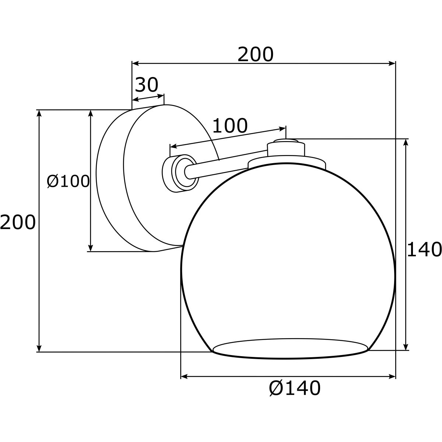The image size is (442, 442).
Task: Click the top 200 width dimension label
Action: [x=256, y=55]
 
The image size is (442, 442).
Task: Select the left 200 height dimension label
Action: [x=18, y=222]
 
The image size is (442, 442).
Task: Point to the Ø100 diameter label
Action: [x=68, y=181]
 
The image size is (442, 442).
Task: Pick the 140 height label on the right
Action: [x=424, y=249]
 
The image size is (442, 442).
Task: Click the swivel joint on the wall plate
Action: [x=180, y=173]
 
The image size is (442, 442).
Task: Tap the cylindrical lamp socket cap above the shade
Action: [x=286, y=149]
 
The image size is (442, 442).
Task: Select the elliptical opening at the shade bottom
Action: [x=290, y=348]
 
